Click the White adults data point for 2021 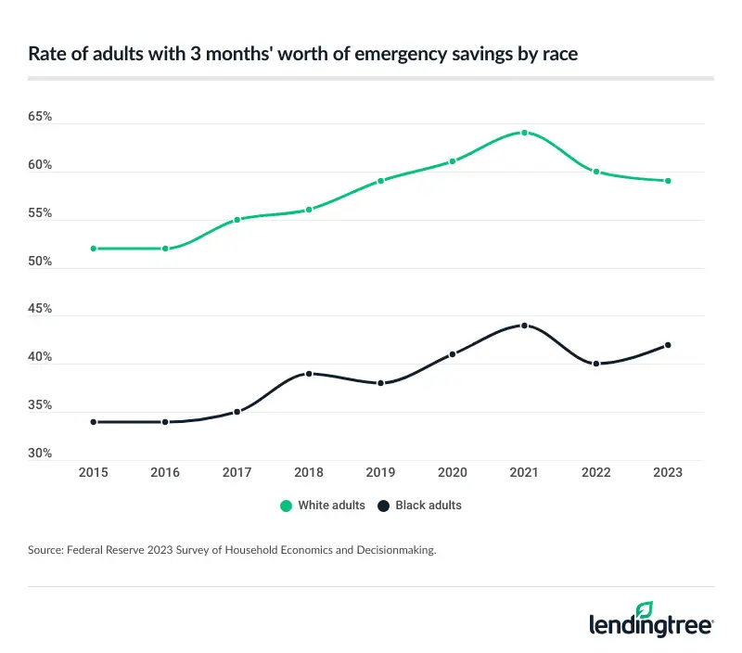point(524,133)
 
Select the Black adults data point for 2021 point(524,326)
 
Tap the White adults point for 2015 point(94,249)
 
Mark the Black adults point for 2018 point(309,374)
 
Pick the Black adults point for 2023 point(668,345)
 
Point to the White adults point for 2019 point(380,181)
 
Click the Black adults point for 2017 point(237,412)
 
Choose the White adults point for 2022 point(596,172)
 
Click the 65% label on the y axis point(40,118)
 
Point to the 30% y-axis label point(40,454)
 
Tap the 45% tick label point(40,310)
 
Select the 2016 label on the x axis point(165,472)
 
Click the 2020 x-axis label point(453,472)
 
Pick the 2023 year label point(668,472)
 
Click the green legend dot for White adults point(287,506)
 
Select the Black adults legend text point(429,506)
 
